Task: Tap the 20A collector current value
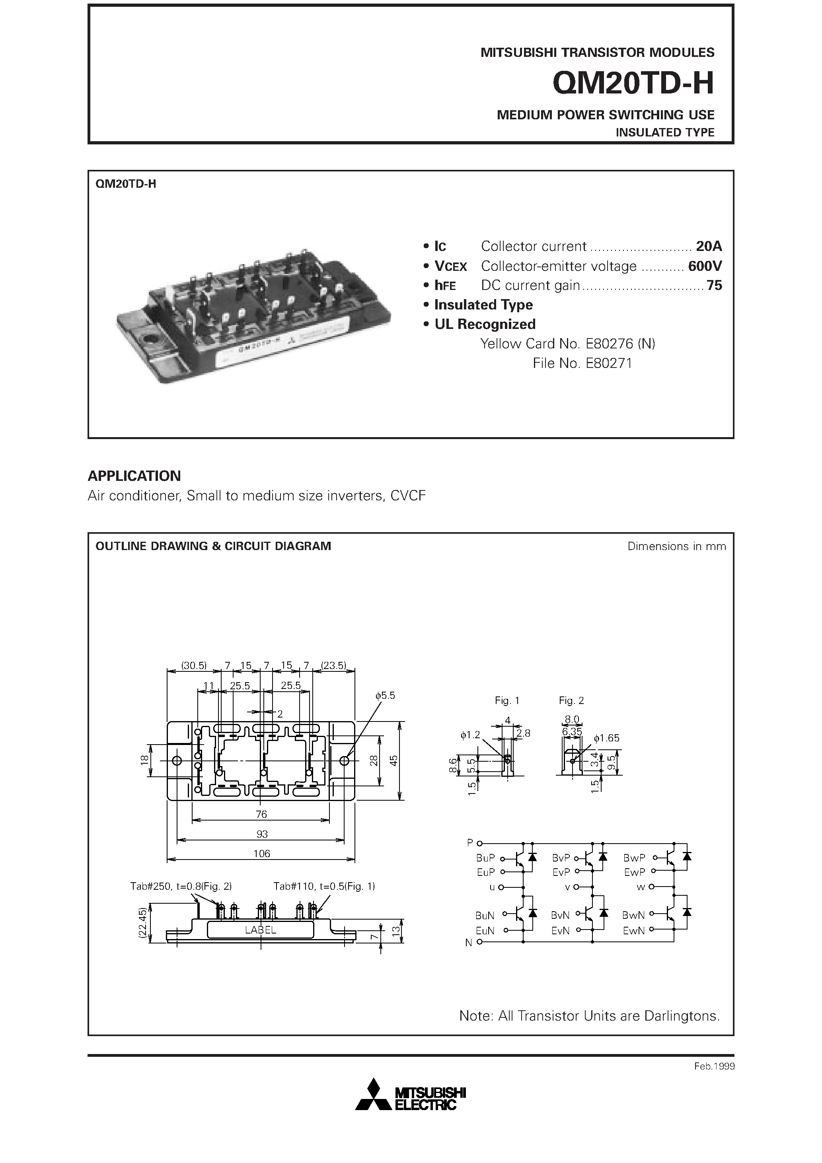709,246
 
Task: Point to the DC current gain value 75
714,285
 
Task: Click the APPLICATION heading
134,476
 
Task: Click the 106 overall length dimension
261,854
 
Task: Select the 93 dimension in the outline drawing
261,834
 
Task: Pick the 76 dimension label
261,814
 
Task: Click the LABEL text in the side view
261,930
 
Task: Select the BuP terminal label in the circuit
485,858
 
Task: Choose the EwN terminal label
633,930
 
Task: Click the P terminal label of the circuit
470,842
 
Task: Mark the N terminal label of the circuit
469,943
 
